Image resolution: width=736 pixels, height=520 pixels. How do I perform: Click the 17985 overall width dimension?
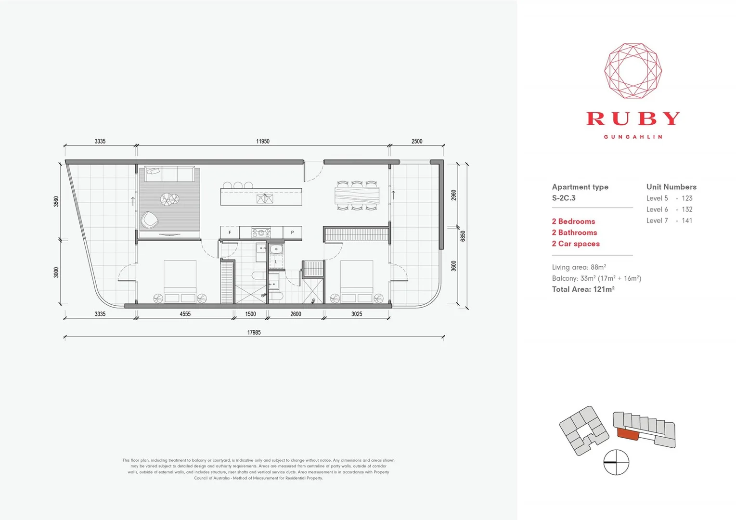click(254, 332)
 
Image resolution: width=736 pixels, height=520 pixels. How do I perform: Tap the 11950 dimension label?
click(262, 141)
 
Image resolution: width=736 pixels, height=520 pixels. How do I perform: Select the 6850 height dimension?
click(463, 236)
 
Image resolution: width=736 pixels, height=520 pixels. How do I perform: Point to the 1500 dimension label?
click(250, 314)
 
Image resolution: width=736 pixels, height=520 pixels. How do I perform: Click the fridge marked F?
click(230, 233)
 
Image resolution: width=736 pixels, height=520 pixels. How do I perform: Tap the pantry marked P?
click(292, 233)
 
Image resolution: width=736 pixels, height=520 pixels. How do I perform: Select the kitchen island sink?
click(264, 198)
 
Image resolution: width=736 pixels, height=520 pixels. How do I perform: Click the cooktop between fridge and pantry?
click(261, 233)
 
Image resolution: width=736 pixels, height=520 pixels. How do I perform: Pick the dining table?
click(357, 195)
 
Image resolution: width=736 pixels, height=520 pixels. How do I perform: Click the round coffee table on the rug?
click(169, 199)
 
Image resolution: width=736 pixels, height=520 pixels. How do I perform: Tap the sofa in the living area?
click(171, 173)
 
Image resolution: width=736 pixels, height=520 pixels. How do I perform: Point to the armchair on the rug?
click(149, 220)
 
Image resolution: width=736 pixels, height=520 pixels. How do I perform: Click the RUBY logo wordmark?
click(633, 118)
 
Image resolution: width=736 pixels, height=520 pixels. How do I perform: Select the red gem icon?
click(633, 71)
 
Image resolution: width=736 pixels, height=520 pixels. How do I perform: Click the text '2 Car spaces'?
click(576, 244)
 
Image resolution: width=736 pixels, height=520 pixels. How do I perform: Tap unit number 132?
click(687, 209)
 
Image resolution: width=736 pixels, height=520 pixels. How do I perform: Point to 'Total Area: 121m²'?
click(583, 289)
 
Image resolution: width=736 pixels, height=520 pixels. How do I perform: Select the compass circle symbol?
click(616, 462)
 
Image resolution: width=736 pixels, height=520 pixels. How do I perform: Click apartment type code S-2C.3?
click(564, 198)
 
